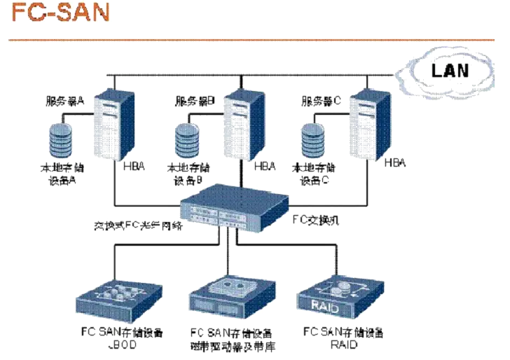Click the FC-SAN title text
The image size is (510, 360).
pos(60,13)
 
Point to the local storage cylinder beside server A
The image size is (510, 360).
pos(62,140)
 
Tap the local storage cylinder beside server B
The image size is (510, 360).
pos(186,140)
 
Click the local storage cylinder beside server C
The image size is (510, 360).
pos(312,140)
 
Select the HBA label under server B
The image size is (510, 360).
pos(267,167)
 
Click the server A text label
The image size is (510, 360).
pos(64,101)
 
